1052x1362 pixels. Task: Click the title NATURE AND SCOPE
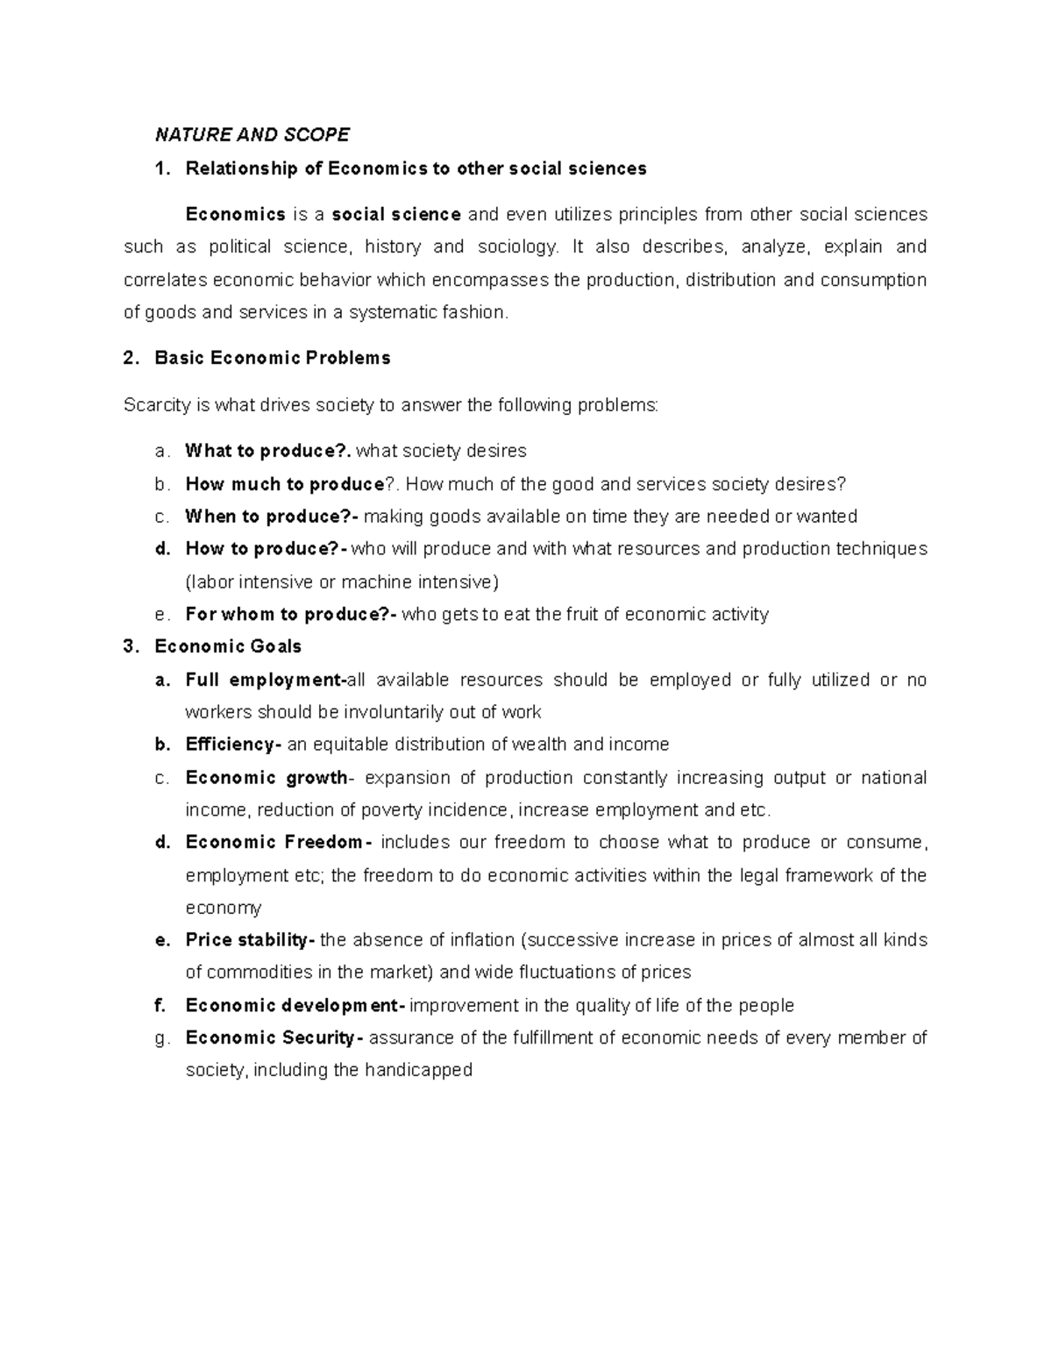(252, 135)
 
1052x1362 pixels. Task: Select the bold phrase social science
(397, 215)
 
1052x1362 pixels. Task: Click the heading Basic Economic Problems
(273, 358)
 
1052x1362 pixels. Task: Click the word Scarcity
(156, 405)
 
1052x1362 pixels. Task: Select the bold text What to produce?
(268, 452)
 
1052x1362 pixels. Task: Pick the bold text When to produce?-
(273, 517)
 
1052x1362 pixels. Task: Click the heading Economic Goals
(228, 647)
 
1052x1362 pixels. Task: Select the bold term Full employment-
(267, 681)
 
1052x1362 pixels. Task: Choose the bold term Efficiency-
(233, 745)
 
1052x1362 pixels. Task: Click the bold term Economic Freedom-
(279, 843)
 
